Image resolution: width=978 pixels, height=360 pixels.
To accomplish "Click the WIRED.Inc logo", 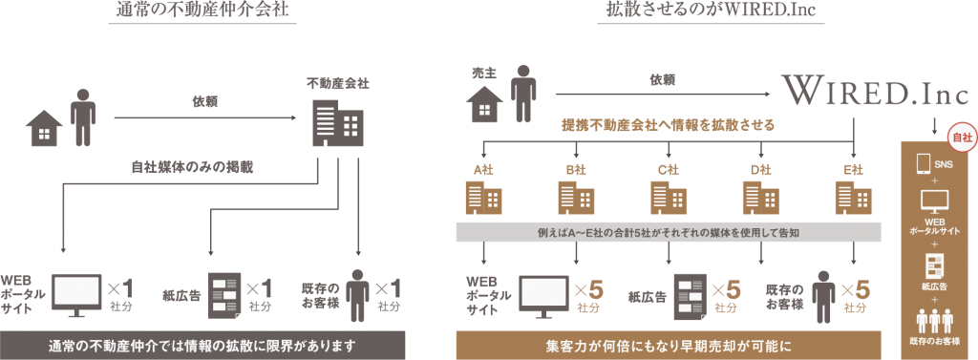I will (875, 93).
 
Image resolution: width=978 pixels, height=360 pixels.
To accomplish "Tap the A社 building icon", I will (482, 197).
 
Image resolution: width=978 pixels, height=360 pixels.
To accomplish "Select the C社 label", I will (668, 170).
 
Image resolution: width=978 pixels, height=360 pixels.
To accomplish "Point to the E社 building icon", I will (853, 197).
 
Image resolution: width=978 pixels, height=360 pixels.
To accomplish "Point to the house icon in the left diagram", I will (44, 127).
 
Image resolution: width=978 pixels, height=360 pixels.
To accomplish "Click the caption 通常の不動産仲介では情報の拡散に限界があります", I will (203, 344).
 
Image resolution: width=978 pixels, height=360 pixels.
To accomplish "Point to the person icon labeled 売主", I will (521, 93).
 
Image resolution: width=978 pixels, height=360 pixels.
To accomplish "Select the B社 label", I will (575, 170).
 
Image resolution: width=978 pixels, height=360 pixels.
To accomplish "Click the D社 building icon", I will (760, 197).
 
